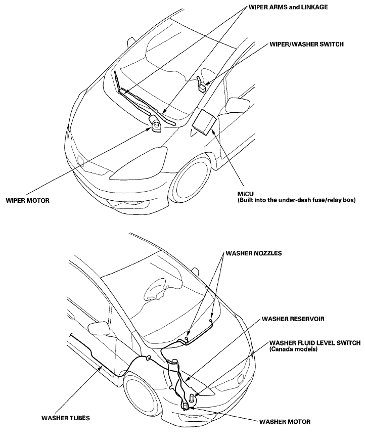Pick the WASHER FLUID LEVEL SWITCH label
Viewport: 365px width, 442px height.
click(x=314, y=342)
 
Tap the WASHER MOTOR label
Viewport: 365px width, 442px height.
click(x=285, y=421)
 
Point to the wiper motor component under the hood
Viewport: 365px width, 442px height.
click(x=155, y=124)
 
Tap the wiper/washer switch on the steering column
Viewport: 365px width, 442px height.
click(x=201, y=83)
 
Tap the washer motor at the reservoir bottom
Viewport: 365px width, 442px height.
click(x=186, y=404)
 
